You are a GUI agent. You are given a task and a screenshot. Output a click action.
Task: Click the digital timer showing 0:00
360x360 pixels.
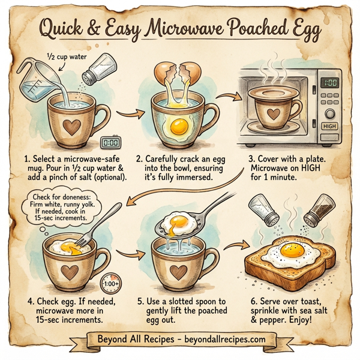[109, 143]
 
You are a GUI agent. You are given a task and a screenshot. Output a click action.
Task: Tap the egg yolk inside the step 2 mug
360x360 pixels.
[178, 127]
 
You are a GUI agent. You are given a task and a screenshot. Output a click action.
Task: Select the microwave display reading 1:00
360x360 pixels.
[329, 83]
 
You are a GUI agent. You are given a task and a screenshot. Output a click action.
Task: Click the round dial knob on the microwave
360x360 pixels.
[329, 113]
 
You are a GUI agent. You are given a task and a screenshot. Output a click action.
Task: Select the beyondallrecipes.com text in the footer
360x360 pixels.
[218, 339]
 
